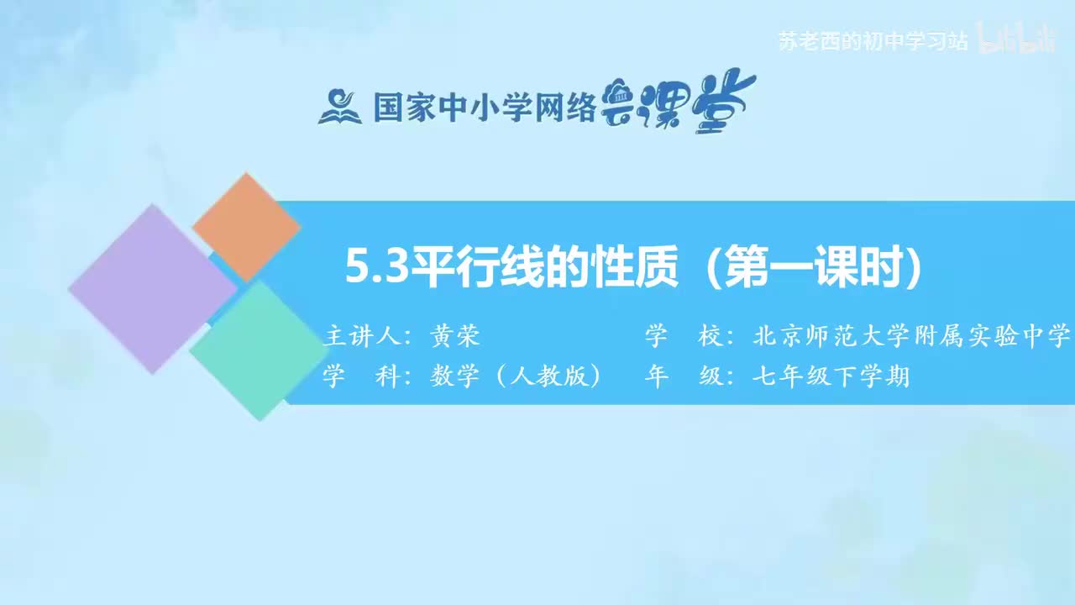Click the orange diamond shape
[x=246, y=227]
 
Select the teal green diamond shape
[x=257, y=350]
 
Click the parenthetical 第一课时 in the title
[x=815, y=269]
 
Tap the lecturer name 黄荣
[x=454, y=337]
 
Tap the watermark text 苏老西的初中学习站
[x=873, y=41]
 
